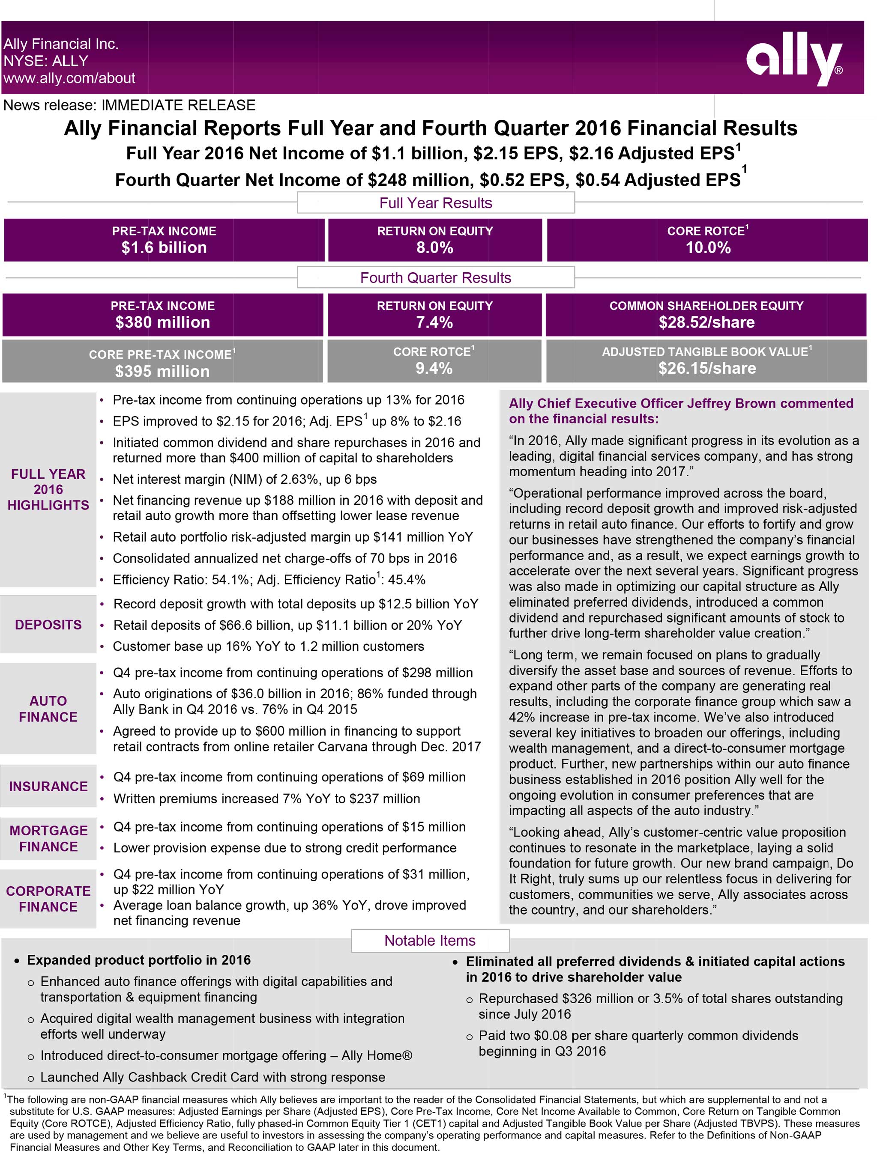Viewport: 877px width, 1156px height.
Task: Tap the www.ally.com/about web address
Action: click(x=69, y=78)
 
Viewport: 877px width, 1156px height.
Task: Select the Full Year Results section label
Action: click(x=436, y=203)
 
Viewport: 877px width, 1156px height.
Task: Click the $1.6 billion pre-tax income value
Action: click(x=164, y=248)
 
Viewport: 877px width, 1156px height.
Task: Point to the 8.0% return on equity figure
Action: click(x=434, y=248)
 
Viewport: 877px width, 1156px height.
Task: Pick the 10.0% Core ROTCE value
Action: click(x=708, y=248)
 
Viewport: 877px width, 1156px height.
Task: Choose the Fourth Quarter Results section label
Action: click(x=436, y=277)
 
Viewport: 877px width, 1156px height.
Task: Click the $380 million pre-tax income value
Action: click(x=163, y=322)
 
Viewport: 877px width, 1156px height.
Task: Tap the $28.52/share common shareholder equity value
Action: click(x=706, y=322)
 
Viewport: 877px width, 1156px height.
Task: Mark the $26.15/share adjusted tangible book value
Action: click(x=707, y=369)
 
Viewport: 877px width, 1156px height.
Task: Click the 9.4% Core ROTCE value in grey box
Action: click(x=434, y=369)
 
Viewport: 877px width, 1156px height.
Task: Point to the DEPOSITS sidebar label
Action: click(x=48, y=625)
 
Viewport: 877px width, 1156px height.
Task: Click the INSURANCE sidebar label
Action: click(x=48, y=787)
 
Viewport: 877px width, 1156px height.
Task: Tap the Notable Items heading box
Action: click(x=430, y=941)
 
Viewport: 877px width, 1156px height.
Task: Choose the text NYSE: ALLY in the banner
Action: click(x=46, y=61)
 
